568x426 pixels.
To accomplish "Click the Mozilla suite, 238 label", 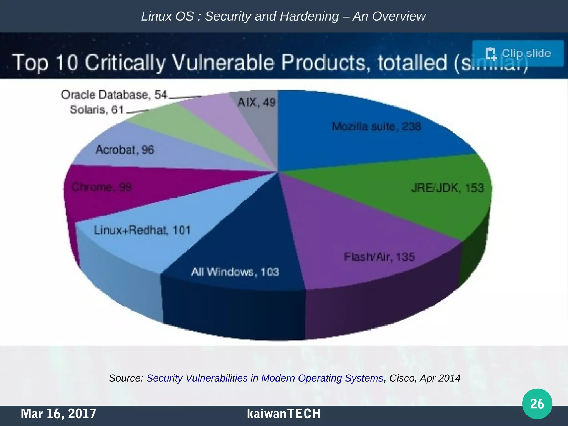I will (x=376, y=127).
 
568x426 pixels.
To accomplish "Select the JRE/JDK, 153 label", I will (x=447, y=188).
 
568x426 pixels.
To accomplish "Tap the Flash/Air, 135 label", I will (x=379, y=257).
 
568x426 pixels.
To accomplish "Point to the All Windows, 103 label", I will (x=235, y=272).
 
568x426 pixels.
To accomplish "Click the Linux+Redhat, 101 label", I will (x=142, y=230).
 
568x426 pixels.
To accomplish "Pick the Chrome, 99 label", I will (x=102, y=187).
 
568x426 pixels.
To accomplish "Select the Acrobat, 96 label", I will (x=125, y=150).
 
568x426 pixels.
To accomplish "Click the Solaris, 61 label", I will (x=96, y=110).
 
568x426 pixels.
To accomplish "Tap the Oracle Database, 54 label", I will (x=114, y=95).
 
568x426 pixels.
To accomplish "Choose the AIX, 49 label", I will (x=257, y=102).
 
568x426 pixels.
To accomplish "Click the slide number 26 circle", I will (x=537, y=404).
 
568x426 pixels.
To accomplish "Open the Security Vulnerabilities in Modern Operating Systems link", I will (x=265, y=378).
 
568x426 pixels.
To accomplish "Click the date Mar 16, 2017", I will (x=59, y=414).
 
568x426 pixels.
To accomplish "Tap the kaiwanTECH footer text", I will (x=283, y=414).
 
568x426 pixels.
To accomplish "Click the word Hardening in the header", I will (x=309, y=16).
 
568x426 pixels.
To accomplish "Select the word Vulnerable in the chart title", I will (x=224, y=62).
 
